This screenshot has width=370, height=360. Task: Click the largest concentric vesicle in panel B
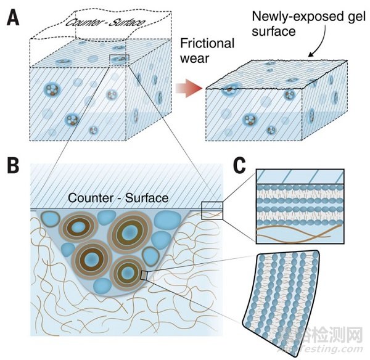click(x=129, y=234)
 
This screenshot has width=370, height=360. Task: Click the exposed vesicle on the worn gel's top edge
click(x=229, y=90)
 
